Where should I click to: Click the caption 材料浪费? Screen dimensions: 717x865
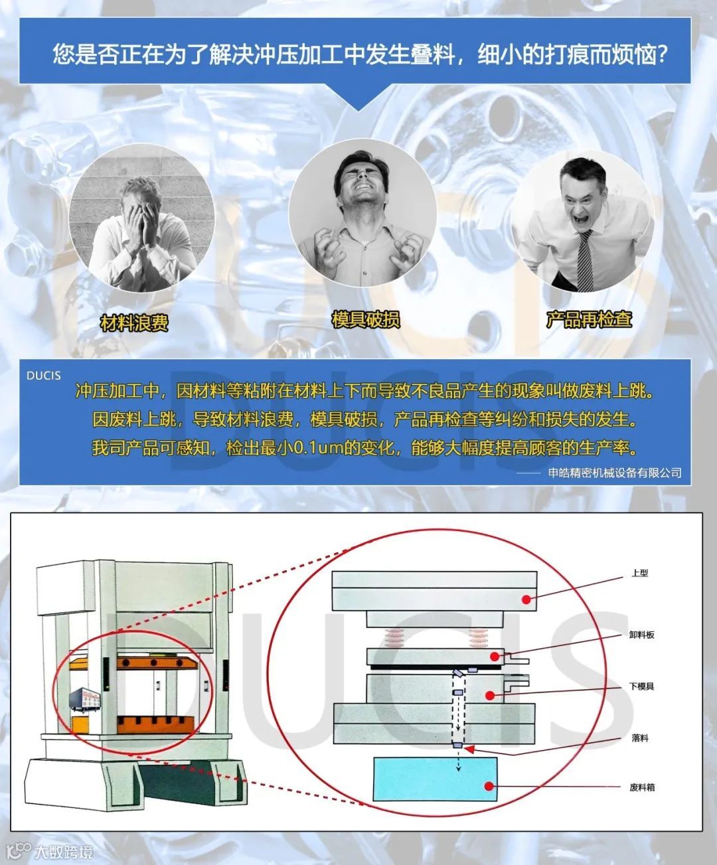[134, 323]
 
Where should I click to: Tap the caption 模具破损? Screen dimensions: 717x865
[366, 319]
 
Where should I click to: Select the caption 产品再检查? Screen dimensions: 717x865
[589, 319]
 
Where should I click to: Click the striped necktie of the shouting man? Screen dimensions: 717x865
[586, 261]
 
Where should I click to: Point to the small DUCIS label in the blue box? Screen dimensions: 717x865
[44, 376]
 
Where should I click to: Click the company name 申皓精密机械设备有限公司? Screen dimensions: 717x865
[615, 473]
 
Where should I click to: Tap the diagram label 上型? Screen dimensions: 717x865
[639, 573]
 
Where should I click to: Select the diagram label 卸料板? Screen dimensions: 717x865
[641, 635]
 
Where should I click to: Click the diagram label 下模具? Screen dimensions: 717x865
[641, 686]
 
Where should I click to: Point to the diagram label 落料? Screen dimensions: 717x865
[639, 738]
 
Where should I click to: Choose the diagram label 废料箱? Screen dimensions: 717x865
[642, 787]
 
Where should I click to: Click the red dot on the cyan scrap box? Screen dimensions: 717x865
[489, 786]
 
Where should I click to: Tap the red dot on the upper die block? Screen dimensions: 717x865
[526, 599]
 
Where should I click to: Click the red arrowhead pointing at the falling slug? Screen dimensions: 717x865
[469, 749]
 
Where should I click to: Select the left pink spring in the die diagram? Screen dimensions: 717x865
[394, 637]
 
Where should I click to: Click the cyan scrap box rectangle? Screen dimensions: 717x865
[436, 779]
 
